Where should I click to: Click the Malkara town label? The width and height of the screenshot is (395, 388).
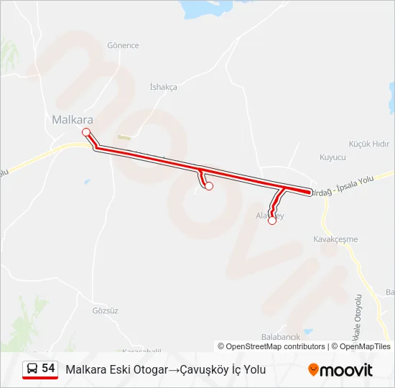73,120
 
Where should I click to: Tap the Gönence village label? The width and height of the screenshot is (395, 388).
123,45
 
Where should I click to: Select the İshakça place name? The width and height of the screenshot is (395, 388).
163,87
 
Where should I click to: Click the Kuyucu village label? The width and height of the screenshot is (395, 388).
333,157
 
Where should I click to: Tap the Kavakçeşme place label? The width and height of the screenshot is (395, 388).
335,239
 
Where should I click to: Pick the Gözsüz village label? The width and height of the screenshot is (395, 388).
105,310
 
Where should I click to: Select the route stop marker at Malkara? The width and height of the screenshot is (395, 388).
86,131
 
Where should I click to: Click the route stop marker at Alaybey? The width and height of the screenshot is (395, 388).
272,221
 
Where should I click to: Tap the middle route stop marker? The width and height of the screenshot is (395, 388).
209,186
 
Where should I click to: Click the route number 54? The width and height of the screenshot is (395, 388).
48,369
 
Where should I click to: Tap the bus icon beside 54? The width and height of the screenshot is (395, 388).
32,369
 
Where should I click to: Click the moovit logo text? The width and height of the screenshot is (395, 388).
346,369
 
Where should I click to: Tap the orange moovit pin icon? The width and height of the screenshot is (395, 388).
313,369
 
